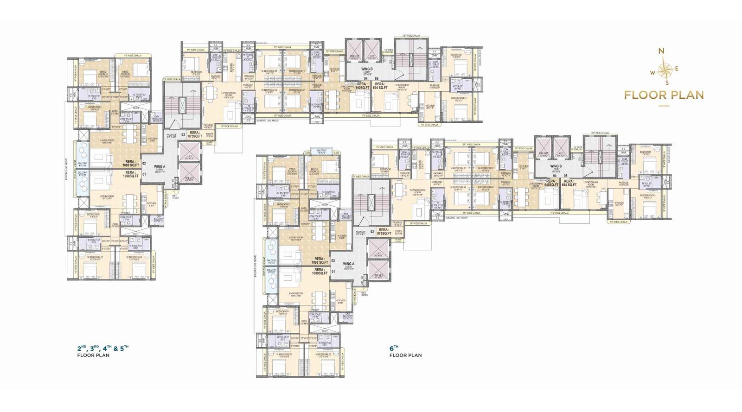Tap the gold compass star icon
tap(665, 70)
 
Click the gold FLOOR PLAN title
tap(664, 95)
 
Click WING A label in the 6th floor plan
tap(348, 264)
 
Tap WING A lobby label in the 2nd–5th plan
tap(160, 168)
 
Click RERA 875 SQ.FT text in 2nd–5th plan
tap(195, 134)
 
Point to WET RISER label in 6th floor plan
tap(364, 294)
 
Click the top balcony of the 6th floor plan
tap(321, 152)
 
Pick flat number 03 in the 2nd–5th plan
tap(183, 135)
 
